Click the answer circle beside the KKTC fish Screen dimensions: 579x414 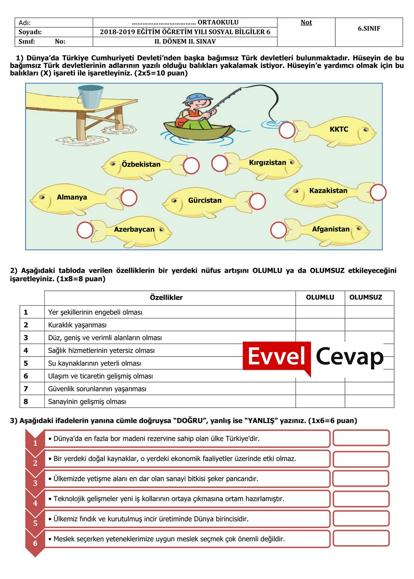pyautogui.click(x=287, y=130)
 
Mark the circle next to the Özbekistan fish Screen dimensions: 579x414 pyautogui.click(x=191, y=165)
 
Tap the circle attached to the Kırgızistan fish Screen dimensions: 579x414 pyautogui.click(x=219, y=163)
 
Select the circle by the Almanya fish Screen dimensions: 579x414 pyautogui.click(x=129, y=198)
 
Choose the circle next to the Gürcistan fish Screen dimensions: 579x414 pyautogui.click(x=258, y=201)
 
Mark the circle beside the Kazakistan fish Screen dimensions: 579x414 pyautogui.click(x=378, y=192)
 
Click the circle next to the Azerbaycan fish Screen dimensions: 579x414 pyautogui.click(x=85, y=230)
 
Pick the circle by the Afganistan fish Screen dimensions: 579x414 pyautogui.click(x=278, y=230)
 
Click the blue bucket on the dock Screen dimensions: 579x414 pyautogui.click(x=91, y=96)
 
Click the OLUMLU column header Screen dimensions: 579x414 pyautogui.click(x=320, y=297)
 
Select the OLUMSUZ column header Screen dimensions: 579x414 pyautogui.click(x=366, y=297)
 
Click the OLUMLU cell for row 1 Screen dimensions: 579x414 pyautogui.click(x=320, y=312)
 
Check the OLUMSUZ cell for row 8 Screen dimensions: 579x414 pyautogui.click(x=369, y=402)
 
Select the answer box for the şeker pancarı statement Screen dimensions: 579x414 pyautogui.click(x=361, y=479)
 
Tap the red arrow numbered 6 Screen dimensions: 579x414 pyautogui.click(x=35, y=543)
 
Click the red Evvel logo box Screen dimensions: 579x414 pyautogui.click(x=277, y=356)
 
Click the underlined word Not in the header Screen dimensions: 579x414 pyautogui.click(x=306, y=22)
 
